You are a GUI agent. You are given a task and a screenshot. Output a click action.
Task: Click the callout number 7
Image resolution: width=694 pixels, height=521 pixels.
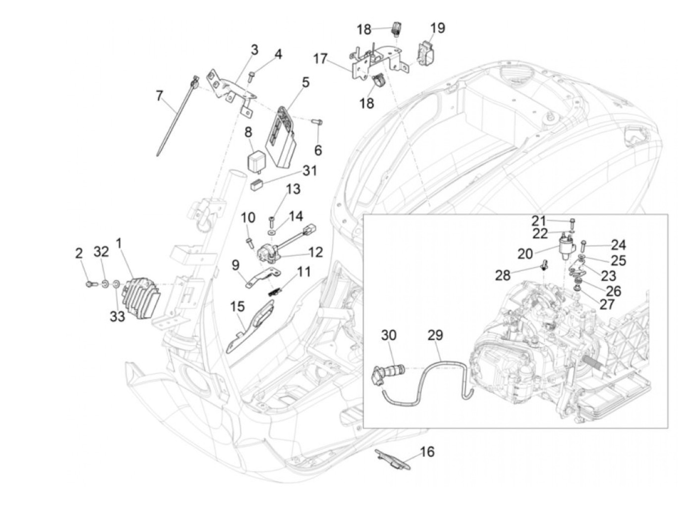(160, 96)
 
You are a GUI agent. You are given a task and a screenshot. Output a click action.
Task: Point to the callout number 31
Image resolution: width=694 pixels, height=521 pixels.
(309, 171)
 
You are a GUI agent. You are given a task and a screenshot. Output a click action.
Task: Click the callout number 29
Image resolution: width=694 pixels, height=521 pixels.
(435, 335)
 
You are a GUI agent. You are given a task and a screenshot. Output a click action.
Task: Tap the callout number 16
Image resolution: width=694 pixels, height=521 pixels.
(427, 452)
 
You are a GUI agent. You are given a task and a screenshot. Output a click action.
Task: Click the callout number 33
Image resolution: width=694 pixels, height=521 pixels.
(117, 316)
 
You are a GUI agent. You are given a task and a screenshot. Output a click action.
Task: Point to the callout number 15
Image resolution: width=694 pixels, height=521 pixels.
(237, 306)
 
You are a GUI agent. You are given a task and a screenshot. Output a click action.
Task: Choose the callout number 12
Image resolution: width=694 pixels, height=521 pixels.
(315, 252)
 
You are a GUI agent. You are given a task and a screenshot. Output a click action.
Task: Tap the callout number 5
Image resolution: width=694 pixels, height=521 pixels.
(305, 82)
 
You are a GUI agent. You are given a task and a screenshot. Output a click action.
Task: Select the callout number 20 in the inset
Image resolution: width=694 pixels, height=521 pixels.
(525, 254)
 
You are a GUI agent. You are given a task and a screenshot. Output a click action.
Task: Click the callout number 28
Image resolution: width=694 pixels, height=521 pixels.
(503, 275)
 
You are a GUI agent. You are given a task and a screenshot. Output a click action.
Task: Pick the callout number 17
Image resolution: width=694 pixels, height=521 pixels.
(320, 59)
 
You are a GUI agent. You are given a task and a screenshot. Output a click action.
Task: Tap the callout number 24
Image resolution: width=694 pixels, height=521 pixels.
(618, 245)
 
